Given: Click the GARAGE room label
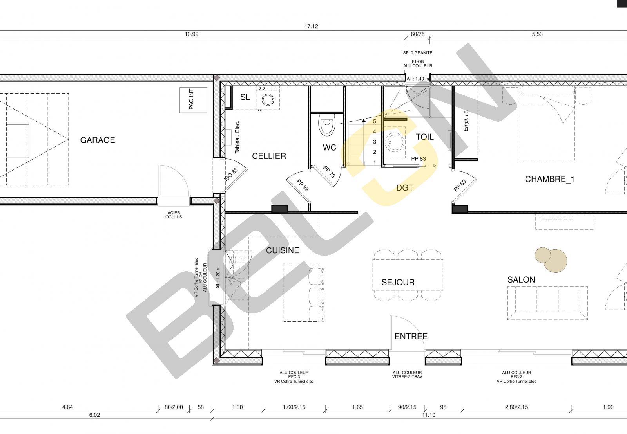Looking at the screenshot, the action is (98, 140).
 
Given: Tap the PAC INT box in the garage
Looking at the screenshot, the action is (193, 100).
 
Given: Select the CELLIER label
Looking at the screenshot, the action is (269, 156).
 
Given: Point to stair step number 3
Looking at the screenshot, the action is (375, 142).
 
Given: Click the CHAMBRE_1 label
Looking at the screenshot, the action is (549, 179).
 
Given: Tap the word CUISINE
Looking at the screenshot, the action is (283, 250).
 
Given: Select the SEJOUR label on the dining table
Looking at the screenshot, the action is (398, 282).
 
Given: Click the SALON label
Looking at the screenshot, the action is (521, 279).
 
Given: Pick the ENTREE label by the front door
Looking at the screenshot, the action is (411, 336).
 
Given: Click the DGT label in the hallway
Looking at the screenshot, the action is (405, 188).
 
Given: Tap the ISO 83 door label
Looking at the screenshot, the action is (231, 175).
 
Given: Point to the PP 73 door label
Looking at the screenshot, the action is (329, 172).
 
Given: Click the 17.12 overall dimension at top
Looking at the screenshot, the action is (311, 26).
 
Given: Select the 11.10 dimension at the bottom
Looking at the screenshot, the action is (429, 415).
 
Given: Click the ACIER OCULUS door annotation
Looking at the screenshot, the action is (174, 215).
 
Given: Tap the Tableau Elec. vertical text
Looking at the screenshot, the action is (237, 137).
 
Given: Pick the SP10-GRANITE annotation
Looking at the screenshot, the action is (418, 53).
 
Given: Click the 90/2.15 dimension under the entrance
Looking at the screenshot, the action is (407, 407).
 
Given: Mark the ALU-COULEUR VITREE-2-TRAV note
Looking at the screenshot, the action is (407, 375).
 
